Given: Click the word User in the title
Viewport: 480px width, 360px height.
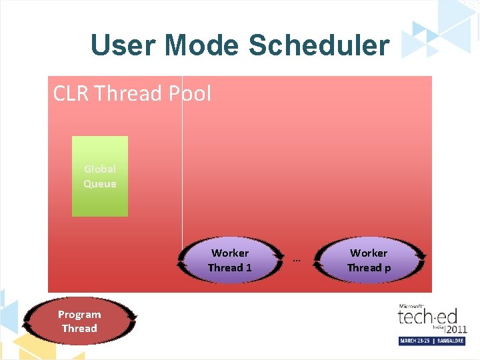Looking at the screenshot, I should pos(123,45).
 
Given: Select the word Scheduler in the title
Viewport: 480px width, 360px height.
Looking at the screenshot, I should pos(319,45).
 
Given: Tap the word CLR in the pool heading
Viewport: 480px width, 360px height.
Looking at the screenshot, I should pos(71,93).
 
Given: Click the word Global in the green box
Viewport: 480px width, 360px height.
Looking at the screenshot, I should pos(100,169).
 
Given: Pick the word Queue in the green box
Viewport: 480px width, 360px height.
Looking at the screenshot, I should pos(100,184).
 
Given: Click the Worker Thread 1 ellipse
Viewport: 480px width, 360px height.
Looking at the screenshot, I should pos(229,261).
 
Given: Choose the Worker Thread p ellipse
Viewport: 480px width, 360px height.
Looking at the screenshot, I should pos(369,261).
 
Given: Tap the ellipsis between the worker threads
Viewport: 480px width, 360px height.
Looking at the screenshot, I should pos(297,260).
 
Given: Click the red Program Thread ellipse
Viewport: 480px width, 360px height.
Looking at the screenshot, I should pos(79,321).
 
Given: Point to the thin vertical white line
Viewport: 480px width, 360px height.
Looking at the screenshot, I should pos(182,167).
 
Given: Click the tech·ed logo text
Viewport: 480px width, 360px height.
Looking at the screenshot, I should pos(423,316).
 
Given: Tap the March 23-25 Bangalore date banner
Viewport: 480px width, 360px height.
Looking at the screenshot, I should pos(432,341).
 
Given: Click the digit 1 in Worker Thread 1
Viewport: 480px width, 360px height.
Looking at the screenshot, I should pos(249,268).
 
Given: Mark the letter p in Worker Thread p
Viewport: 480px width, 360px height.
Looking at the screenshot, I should pos(387,269).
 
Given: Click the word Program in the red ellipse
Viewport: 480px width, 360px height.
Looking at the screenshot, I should pos(79,315).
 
